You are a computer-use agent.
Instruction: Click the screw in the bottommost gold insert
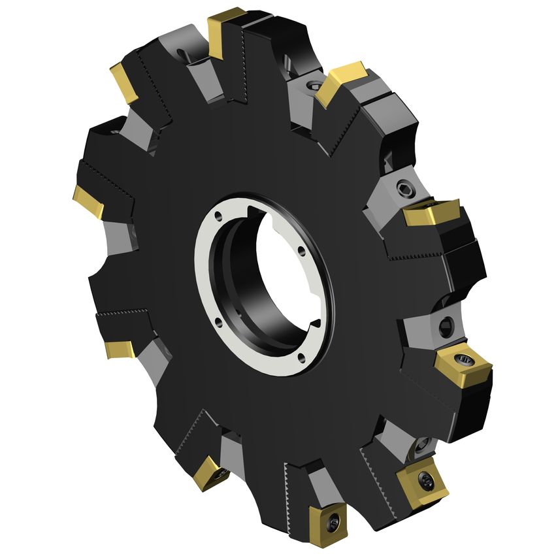point(334,521)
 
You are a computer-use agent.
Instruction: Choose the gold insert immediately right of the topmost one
point(340,82)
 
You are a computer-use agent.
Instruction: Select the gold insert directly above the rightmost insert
point(430,212)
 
